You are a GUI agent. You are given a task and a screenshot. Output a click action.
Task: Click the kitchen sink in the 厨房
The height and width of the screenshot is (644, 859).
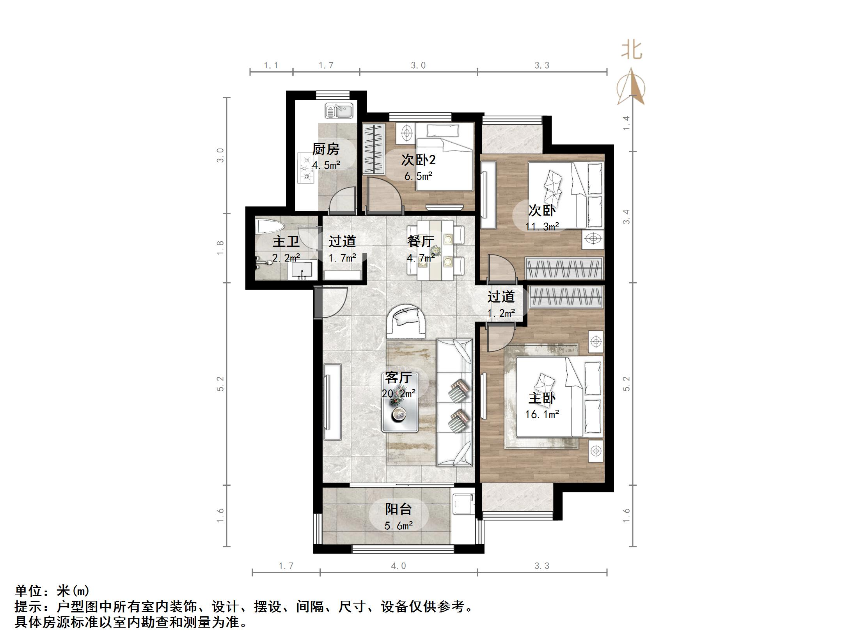click(339, 111)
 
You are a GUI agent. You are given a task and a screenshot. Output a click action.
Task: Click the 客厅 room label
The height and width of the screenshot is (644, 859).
click(398, 377)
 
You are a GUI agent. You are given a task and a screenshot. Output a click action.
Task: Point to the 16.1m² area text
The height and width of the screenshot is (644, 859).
click(542, 414)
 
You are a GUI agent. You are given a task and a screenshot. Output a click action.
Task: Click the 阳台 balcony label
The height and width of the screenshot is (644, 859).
click(398, 509)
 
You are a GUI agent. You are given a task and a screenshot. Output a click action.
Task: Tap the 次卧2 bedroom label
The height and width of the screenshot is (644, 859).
click(418, 160)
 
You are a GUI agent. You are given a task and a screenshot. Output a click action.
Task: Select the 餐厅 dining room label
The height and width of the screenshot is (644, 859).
click(420, 241)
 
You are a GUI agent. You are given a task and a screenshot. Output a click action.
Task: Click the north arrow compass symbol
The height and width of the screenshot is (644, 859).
click(631, 88)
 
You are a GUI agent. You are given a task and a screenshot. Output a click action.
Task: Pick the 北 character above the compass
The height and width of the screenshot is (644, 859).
click(632, 51)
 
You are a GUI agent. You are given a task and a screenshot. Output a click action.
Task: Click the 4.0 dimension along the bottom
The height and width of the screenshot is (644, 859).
click(398, 566)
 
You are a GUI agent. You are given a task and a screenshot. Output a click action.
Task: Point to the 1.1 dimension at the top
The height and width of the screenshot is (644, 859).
click(271, 65)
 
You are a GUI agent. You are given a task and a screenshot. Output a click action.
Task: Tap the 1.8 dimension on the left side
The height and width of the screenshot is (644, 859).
click(220, 248)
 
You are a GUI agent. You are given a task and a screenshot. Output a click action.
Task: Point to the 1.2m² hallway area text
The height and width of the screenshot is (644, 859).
click(501, 313)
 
